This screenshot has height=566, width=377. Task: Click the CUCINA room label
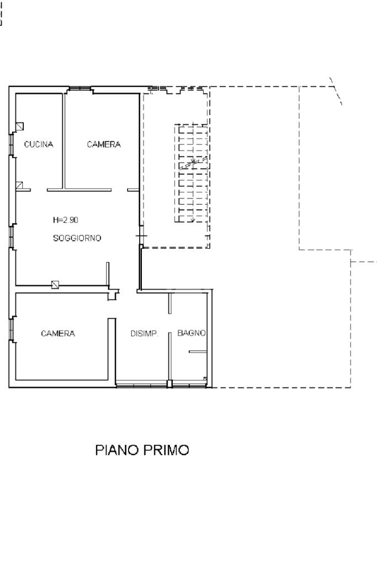click(x=39, y=144)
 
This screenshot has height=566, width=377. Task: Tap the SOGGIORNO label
click(x=77, y=238)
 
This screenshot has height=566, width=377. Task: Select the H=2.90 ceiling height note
click(x=66, y=219)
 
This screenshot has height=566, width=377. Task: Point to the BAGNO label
click(x=192, y=333)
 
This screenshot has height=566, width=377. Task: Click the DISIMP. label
click(x=144, y=333)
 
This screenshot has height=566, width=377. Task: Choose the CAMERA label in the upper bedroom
click(x=104, y=144)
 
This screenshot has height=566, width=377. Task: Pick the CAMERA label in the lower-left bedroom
click(x=58, y=333)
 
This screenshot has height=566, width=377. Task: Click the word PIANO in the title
click(x=117, y=450)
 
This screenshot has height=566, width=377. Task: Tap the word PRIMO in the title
click(x=166, y=450)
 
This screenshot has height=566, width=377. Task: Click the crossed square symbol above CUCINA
click(x=20, y=126)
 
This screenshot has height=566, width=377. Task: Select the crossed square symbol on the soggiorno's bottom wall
click(x=55, y=285)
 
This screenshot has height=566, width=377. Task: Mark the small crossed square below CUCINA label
click(x=19, y=185)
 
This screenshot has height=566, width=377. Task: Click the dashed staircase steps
click(x=192, y=173)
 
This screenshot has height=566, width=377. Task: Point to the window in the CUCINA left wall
click(x=12, y=145)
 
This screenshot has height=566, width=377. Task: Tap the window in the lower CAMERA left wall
click(x=12, y=329)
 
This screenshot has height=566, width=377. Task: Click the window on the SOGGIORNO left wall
click(x=12, y=237)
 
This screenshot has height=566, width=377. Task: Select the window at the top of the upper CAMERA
click(x=79, y=88)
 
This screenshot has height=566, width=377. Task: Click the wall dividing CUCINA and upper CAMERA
click(x=64, y=141)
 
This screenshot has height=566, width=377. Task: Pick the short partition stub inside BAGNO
click(x=198, y=352)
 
